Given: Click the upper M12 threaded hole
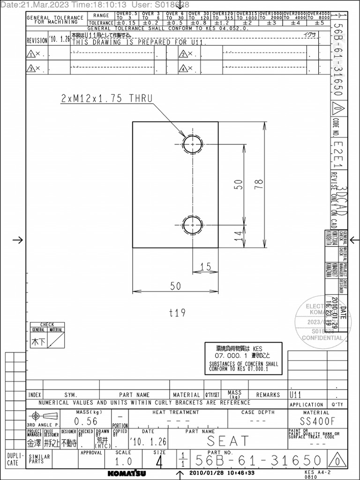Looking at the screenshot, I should [x=192, y=144].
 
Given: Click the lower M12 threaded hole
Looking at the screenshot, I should [x=192, y=225].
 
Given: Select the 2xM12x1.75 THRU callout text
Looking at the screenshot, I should [x=107, y=98].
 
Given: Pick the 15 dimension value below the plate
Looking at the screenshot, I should [x=205, y=266].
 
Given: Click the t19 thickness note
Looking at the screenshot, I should [x=177, y=313].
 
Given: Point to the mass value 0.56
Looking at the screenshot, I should [x=86, y=421].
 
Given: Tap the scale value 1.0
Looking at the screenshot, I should [x=123, y=461].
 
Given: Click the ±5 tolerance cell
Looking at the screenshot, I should [x=319, y=22].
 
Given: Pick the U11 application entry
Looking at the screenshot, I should [x=296, y=395].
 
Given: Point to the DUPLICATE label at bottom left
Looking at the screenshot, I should [x=13, y=459].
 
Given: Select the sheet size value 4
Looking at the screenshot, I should [x=159, y=463].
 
